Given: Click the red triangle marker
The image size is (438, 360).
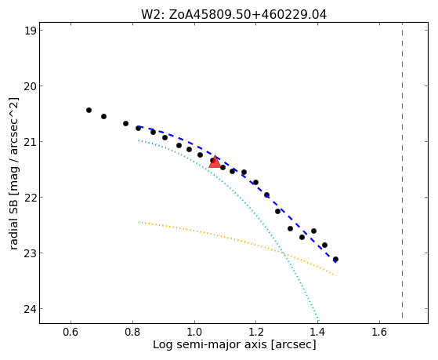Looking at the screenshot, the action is point(215,162).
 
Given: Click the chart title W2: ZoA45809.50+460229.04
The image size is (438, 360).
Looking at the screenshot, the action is point(233,14).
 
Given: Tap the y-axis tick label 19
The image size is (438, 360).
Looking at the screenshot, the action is point(31,31).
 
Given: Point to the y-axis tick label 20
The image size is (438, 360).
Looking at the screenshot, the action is point(31,86).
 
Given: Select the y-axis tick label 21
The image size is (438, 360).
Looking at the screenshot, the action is point(31,142).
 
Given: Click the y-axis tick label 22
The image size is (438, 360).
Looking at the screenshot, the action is point(31,198).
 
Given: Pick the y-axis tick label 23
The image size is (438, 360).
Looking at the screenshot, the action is point(31,253).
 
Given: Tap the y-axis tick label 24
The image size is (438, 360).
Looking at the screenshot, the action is point(31,309).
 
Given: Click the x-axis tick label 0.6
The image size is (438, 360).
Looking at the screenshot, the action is point(71,332).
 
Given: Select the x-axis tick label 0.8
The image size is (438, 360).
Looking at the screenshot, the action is point(132,332).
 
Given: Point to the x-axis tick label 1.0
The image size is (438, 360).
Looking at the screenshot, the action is point(194,332).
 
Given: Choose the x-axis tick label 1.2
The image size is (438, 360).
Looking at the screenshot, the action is point(256,332).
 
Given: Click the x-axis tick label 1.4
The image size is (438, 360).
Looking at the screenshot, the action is point(318,332).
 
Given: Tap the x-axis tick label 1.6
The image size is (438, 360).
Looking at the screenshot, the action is point(379,332).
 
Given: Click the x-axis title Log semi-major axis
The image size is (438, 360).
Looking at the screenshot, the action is point(210,345).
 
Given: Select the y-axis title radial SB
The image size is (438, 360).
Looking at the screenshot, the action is point(13,223).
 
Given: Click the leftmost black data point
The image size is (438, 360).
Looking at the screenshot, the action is point(89,111).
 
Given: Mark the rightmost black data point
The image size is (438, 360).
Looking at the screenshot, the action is point(336,260).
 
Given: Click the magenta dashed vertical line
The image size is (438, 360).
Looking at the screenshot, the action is point(402,170).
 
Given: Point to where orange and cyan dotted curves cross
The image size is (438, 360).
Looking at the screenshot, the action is point(283,253).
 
